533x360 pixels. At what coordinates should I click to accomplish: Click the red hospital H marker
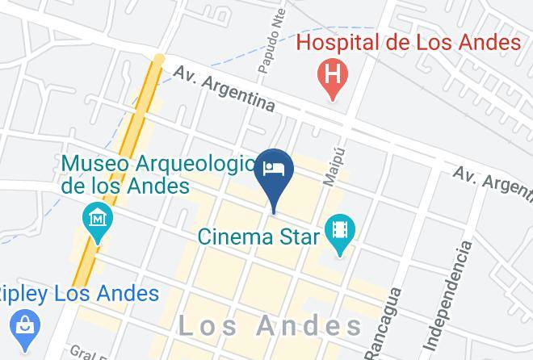point(331,77)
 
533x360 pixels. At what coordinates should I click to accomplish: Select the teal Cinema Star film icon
point(340,231)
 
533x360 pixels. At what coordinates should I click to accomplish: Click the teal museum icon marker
point(98,219)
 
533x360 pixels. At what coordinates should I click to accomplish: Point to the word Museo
point(94,164)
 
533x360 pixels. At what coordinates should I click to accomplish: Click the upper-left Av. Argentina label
point(224,89)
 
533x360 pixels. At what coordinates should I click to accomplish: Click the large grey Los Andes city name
point(270,326)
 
